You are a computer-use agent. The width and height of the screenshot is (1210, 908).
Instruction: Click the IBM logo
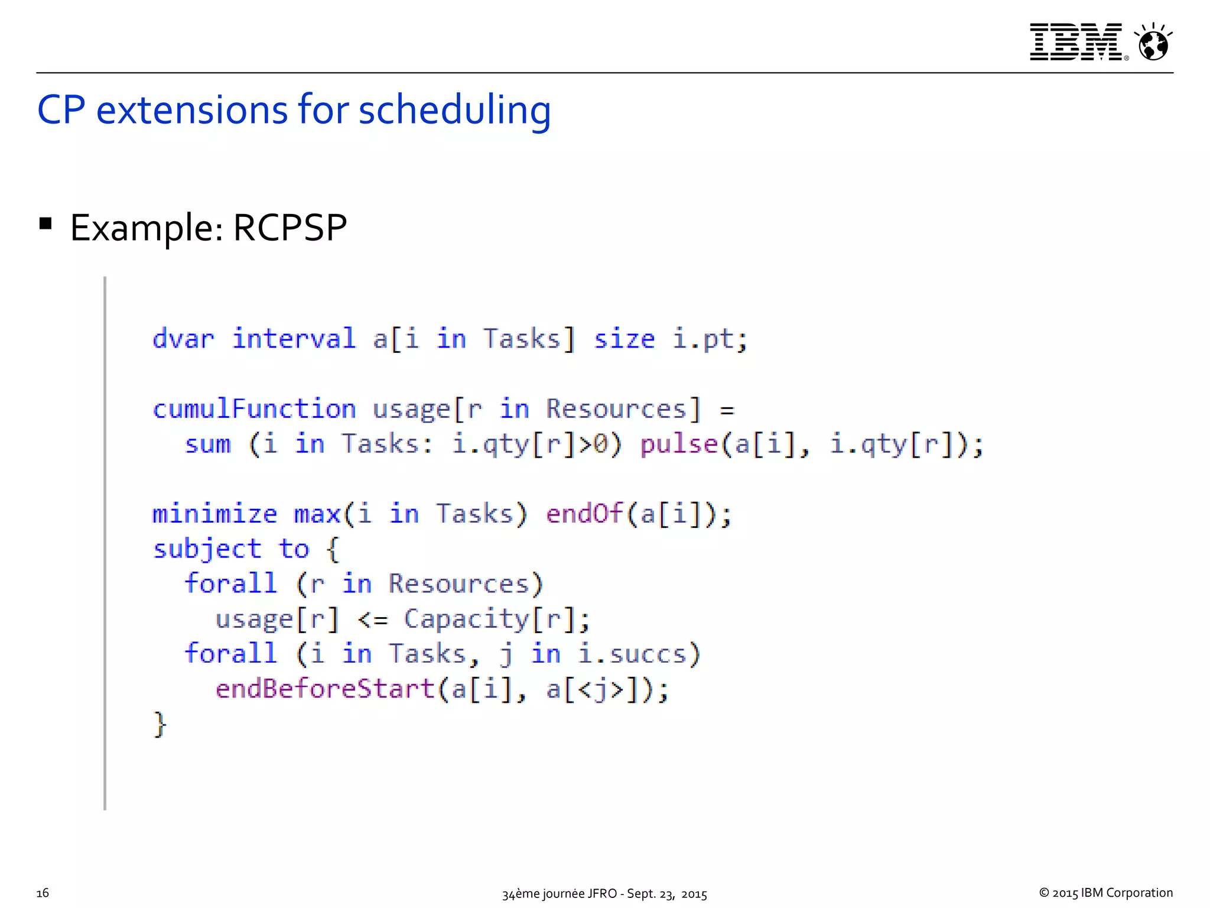[x=1076, y=42]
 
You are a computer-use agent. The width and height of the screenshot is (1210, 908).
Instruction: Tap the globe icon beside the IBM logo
[x=1153, y=43]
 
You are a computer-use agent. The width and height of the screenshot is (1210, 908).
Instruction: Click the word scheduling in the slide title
[x=454, y=111]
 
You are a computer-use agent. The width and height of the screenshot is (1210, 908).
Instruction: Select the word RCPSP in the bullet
[x=290, y=228]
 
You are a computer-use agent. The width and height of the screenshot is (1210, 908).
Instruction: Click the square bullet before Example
[x=45, y=223]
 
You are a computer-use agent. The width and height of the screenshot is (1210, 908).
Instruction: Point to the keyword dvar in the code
[x=183, y=339]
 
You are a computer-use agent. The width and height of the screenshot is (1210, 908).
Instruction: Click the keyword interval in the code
[x=294, y=339]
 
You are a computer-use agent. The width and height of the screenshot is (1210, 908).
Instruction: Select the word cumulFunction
[x=254, y=409]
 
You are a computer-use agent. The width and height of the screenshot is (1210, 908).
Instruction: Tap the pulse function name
[x=679, y=445]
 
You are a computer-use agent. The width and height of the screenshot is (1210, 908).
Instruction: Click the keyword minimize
[x=214, y=514]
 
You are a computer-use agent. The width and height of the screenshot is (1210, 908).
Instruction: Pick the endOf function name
[x=584, y=514]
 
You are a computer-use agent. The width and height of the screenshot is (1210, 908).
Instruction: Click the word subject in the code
[x=207, y=549]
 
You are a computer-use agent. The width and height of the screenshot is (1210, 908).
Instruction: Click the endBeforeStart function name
[x=325, y=689]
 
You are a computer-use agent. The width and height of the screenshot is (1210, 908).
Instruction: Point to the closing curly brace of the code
[x=160, y=724]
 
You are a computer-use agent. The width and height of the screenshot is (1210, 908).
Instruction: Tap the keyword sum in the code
[x=207, y=445]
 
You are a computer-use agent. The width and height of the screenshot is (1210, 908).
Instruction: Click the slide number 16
[x=43, y=893]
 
